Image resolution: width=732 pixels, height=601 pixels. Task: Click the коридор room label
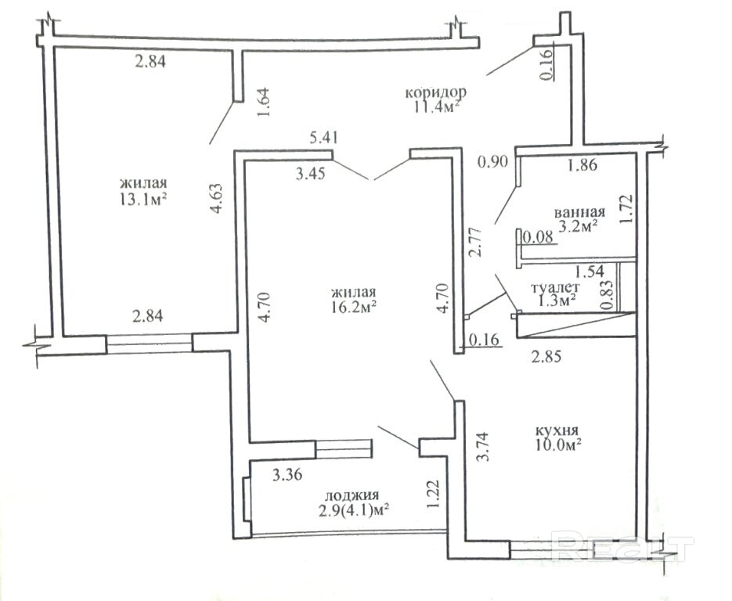tap(435, 92)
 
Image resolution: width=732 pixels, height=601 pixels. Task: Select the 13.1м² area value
tap(143, 199)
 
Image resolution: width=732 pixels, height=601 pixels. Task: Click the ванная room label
tap(580, 212)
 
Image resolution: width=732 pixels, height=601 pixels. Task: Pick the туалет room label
tap(556, 287)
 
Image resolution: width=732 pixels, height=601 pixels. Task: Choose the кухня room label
tap(557, 430)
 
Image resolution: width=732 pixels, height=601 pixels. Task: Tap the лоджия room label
tap(352, 495)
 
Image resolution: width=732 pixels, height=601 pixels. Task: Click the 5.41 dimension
tap(324, 137)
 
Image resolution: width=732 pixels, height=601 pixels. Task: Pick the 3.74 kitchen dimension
tap(483, 447)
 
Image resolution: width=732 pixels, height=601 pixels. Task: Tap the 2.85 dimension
tap(546, 357)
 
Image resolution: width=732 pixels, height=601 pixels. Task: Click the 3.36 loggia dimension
tap(287, 475)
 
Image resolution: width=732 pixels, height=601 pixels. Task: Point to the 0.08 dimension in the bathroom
tap(537, 237)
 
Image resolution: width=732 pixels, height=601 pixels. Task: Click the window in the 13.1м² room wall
tap(149, 344)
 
